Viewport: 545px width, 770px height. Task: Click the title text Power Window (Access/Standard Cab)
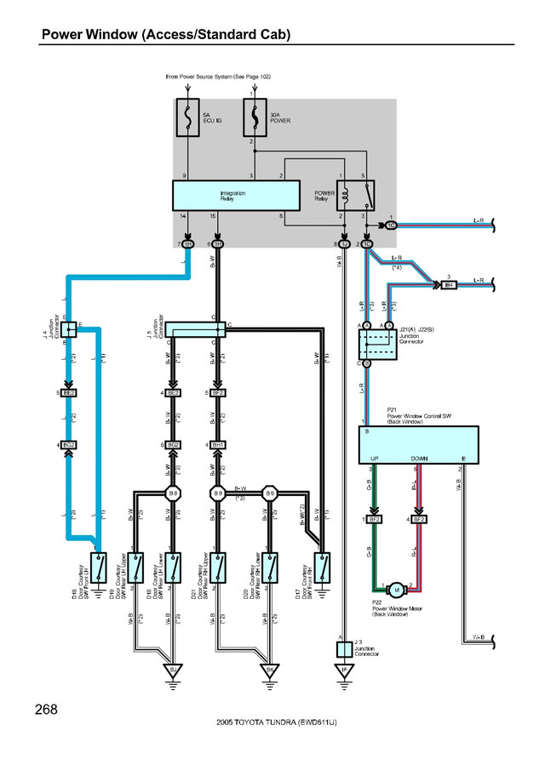[166, 35]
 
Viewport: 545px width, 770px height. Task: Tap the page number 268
[48, 710]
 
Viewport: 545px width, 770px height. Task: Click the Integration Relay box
[236, 195]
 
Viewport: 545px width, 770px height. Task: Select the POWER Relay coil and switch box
[353, 195]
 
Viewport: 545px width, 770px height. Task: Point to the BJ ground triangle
[174, 670]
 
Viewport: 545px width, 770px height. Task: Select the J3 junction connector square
[343, 649]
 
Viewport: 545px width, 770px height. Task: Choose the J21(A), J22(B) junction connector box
[373, 343]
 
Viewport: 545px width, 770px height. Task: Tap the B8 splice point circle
[174, 493]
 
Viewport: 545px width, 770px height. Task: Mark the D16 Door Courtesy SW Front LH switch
[100, 564]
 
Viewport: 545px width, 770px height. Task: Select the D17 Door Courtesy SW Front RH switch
[323, 564]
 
